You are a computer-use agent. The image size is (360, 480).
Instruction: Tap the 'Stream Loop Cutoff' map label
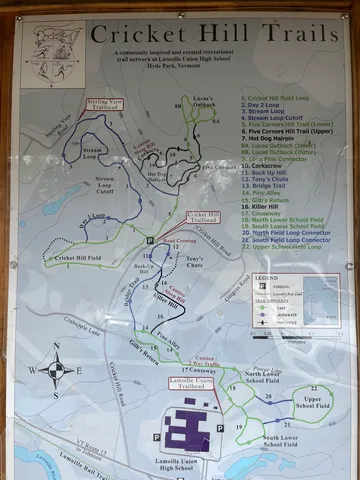pyautogui.click(x=103, y=187)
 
